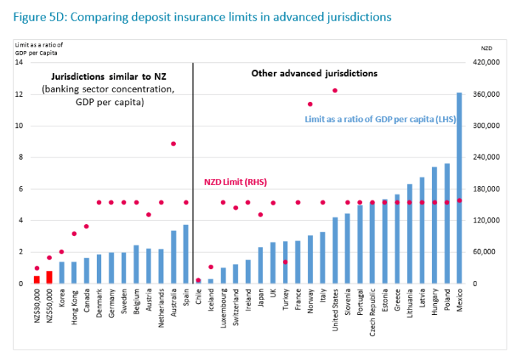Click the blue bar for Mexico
pos(459,189)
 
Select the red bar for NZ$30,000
pos(36,279)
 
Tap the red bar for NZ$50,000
pos(49,276)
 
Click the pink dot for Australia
pos(174,143)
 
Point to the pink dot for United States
pos(335,90)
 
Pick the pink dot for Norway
pos(310,104)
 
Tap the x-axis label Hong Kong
pos(74,303)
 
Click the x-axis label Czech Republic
pos(372,310)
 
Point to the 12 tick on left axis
pos(20,95)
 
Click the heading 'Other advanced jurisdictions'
pos(314,73)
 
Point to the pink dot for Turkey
pos(285,262)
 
